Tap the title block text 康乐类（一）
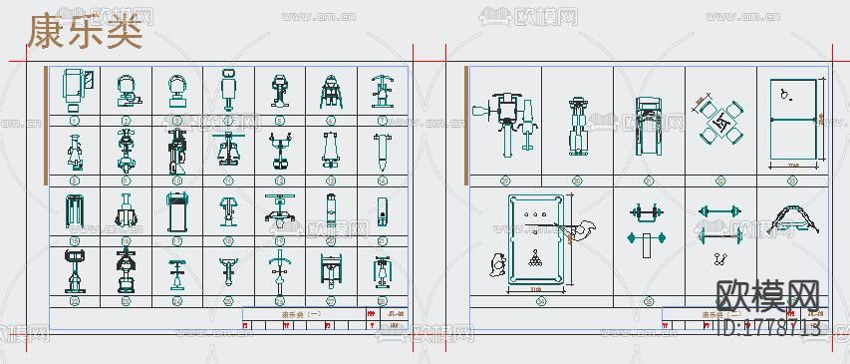[x=301, y=314]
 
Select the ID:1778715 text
[x=768, y=326]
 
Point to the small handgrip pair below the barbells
[x=717, y=260]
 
